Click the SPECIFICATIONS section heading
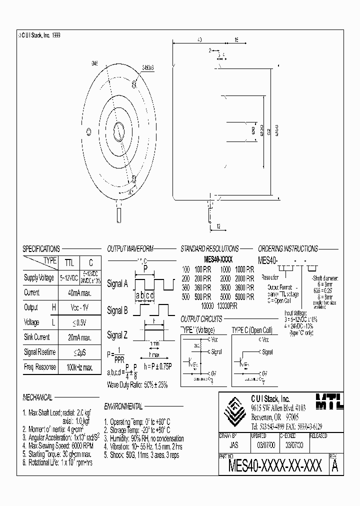point(41,248)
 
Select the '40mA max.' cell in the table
point(76,292)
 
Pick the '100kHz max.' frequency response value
point(76,367)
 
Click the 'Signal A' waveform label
point(117,284)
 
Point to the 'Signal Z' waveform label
point(117,334)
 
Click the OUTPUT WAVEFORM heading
point(129,248)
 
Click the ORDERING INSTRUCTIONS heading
point(287,248)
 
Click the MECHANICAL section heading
point(37,397)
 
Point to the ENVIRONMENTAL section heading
point(123,406)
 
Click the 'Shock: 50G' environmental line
point(141,455)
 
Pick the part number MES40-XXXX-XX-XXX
point(274,466)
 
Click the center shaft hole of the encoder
point(118,131)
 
